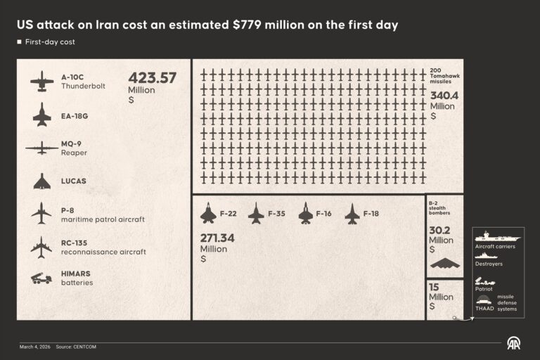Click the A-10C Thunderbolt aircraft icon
[41, 82]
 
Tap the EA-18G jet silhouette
[41, 115]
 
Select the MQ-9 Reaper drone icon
[41, 148]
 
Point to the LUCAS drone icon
[41, 181]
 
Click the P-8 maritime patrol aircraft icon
[41, 214]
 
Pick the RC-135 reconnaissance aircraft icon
[41, 247]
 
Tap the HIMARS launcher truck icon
[41, 278]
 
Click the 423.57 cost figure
[152, 79]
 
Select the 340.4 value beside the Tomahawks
[444, 96]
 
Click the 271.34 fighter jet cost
[217, 238]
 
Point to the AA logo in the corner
[514, 343]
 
